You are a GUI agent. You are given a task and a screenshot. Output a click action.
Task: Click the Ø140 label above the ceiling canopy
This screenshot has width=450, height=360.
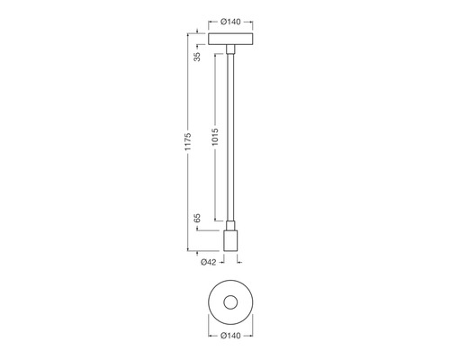230,22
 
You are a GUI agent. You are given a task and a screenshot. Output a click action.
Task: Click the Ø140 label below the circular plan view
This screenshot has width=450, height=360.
230,336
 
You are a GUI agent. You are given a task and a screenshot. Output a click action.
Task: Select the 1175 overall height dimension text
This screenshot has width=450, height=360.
188,141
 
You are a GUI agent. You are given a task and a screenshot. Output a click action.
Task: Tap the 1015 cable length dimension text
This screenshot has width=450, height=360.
215,137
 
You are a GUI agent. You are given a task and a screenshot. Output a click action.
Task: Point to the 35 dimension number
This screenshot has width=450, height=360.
197,57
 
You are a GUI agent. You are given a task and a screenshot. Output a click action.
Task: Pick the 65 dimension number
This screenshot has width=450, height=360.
197,219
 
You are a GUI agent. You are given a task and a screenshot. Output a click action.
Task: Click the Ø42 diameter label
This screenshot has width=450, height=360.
208,262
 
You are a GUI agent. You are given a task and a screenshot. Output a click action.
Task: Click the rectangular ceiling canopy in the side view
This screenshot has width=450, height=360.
230,39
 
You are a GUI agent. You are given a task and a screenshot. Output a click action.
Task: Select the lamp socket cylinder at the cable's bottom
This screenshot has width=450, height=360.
230,240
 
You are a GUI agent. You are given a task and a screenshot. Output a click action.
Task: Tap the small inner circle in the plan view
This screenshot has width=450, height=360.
230,295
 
